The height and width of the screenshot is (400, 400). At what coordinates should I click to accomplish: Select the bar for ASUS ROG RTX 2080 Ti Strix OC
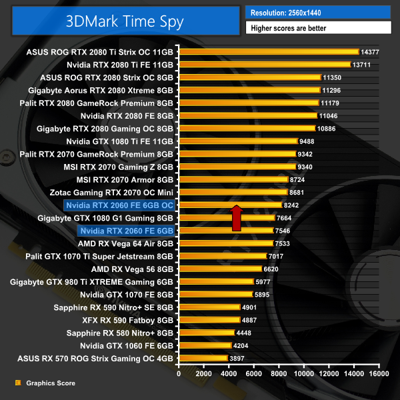pos(268,52)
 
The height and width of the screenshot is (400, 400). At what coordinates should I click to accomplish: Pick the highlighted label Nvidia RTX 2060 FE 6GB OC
pos(119,205)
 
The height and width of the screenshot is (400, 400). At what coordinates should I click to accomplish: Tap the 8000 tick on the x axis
pos(279,374)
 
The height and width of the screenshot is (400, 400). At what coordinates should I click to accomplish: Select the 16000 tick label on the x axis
pos(379,374)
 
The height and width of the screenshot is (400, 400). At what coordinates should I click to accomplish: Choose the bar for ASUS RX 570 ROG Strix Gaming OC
pos(203,358)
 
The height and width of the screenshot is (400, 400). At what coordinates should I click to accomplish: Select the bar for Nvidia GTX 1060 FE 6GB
pos(205,345)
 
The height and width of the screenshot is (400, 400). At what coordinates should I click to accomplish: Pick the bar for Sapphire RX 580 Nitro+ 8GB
pos(206,333)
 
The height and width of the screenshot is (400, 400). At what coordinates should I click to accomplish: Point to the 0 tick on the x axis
pos(179,374)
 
